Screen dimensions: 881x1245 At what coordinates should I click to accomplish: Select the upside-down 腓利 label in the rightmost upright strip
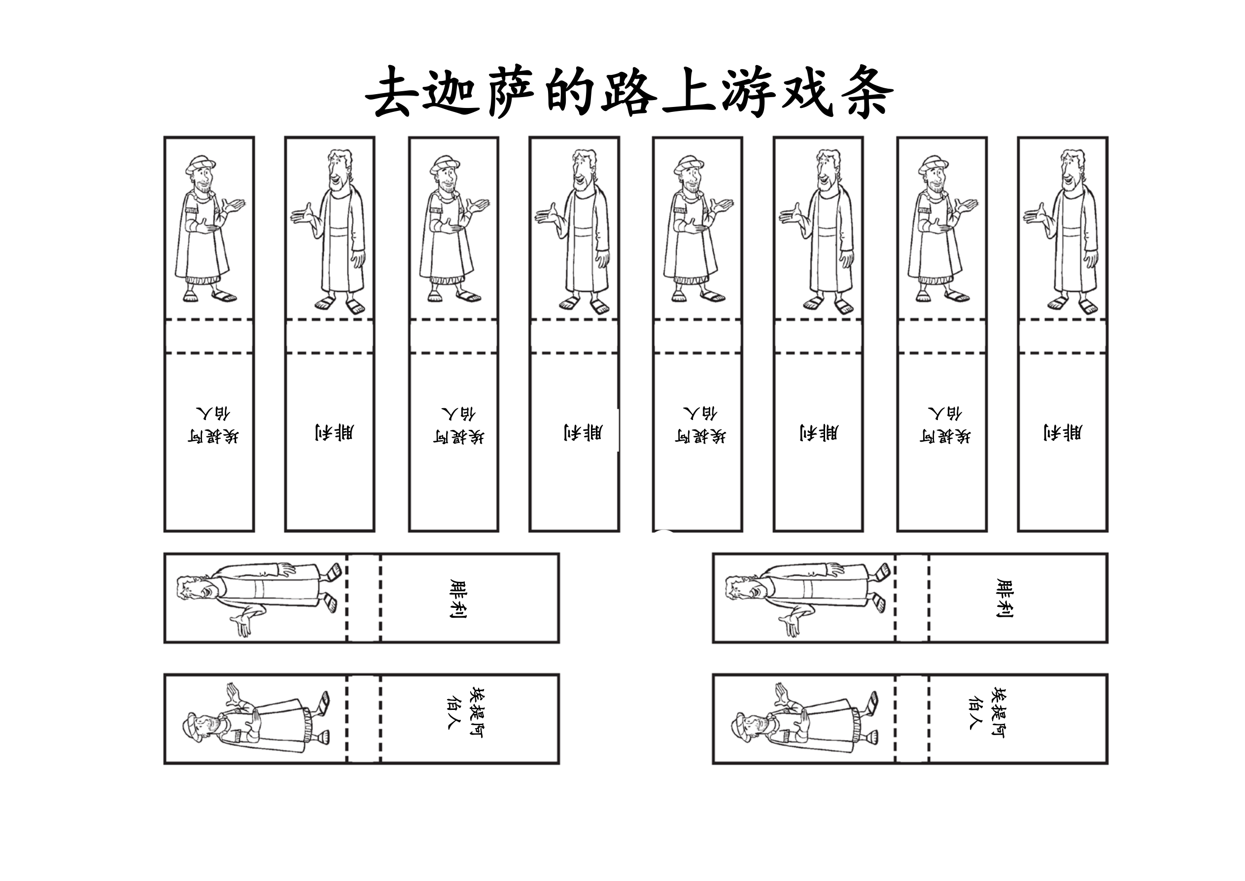point(1063,432)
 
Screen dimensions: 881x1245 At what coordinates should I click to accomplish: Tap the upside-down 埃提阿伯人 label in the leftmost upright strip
point(213,425)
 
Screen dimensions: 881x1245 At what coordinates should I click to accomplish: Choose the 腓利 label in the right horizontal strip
point(1004,599)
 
